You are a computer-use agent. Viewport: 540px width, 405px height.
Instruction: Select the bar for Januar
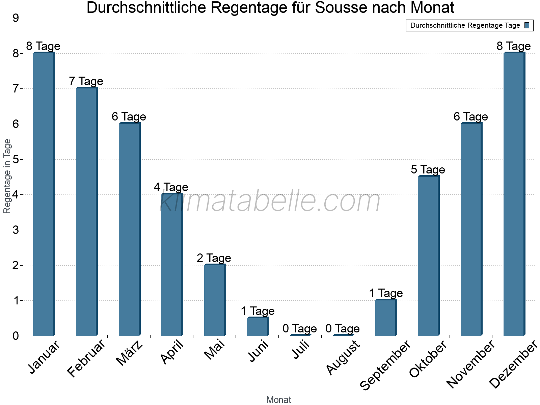[44, 194]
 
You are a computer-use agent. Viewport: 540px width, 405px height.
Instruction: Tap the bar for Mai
[215, 300]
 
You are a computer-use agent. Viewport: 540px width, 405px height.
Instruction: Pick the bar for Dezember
[514, 194]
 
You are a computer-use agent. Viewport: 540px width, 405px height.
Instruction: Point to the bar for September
[386, 318]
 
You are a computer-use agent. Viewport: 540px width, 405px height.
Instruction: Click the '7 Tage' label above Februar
[86, 81]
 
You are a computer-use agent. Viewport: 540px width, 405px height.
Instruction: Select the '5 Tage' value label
[428, 169]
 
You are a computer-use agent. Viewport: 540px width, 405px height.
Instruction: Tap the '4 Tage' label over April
[171, 187]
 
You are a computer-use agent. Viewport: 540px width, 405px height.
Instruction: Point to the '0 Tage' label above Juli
[300, 328]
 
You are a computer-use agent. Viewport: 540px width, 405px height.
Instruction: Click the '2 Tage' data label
[214, 258]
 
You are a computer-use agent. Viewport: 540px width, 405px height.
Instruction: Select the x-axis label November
[470, 364]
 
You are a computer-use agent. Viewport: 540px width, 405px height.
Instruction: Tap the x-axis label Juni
[259, 351]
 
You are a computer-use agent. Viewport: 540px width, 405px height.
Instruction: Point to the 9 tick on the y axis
[16, 18]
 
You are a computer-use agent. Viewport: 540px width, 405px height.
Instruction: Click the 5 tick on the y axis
[16, 159]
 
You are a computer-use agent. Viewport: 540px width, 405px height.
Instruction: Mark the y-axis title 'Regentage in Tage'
[7, 176]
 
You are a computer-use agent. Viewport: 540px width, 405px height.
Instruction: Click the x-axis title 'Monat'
[278, 400]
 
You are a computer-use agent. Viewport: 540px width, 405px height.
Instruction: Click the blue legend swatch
[527, 25]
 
